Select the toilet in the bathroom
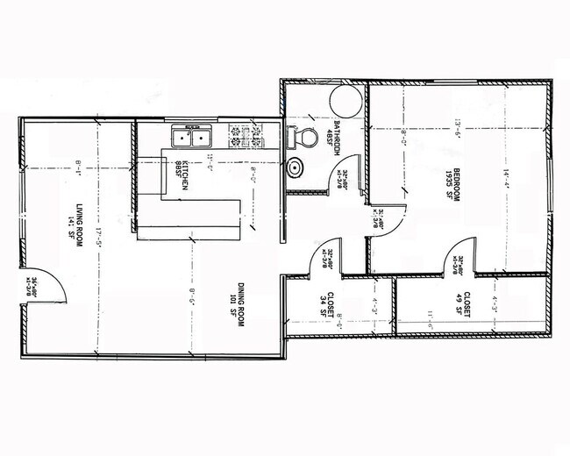(x=303, y=138)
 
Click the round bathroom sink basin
(x=296, y=167)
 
